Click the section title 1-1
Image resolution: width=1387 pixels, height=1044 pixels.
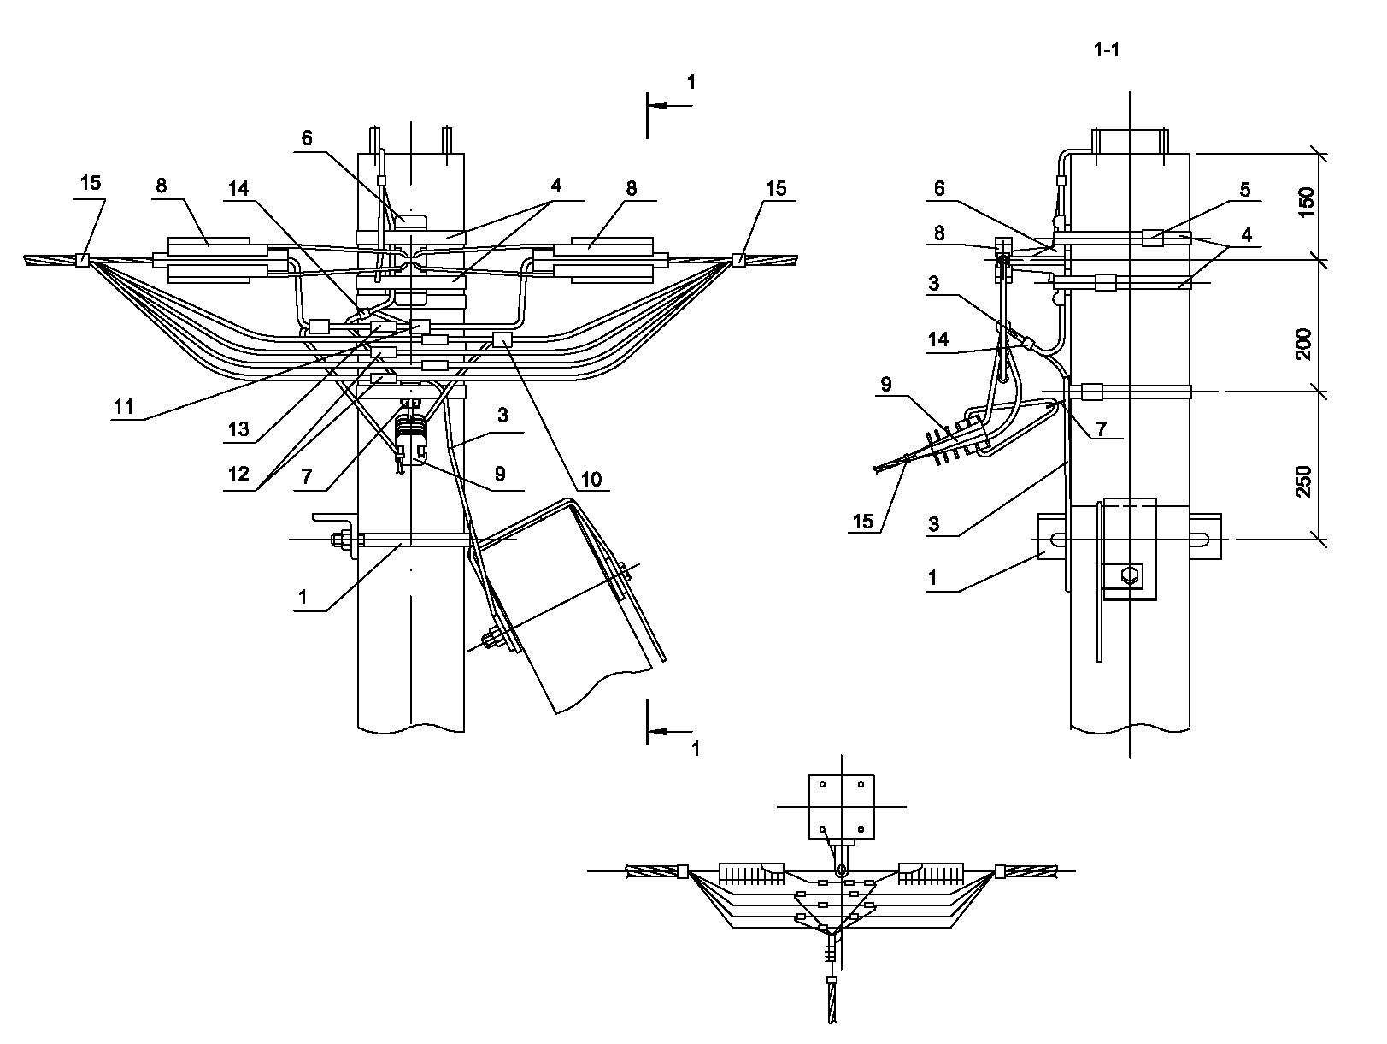tap(1106, 50)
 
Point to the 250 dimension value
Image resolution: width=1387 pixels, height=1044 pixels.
tap(1306, 481)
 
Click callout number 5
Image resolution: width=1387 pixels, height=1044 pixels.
tap(1245, 190)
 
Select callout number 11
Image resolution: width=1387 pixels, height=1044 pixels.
tap(124, 408)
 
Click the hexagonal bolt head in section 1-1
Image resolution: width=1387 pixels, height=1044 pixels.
tap(1130, 575)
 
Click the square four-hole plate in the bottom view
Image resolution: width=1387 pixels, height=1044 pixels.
tap(841, 806)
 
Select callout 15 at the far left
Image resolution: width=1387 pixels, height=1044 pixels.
tap(90, 182)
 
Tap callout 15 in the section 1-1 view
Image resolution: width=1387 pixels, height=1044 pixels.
tap(864, 521)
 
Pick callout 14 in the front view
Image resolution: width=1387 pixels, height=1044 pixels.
tap(238, 189)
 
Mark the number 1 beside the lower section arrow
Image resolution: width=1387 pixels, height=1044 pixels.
tap(695, 749)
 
